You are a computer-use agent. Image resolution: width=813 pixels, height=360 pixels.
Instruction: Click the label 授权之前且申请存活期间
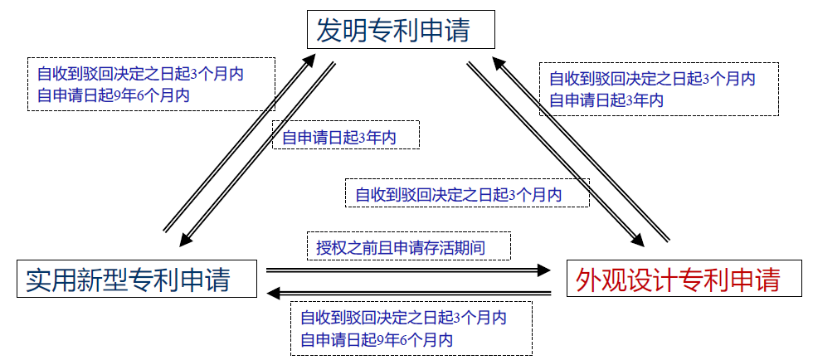(x=408, y=246)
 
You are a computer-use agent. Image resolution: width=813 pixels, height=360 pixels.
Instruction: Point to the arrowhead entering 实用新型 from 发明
(x=187, y=238)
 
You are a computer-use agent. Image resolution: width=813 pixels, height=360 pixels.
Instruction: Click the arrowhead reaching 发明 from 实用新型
(x=309, y=60)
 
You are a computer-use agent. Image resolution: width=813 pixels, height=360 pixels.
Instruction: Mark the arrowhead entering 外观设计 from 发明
(x=637, y=239)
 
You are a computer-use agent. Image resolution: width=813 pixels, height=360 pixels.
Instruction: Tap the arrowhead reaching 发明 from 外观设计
(x=499, y=62)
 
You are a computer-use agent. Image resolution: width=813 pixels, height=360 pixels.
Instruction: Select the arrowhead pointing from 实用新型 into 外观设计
(x=543, y=270)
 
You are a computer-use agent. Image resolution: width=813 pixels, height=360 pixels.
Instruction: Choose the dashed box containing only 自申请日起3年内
(x=347, y=136)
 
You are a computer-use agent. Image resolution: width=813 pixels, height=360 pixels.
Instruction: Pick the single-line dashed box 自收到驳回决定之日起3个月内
(x=466, y=194)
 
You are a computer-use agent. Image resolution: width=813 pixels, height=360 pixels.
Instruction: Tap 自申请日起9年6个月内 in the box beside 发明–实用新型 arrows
(x=113, y=96)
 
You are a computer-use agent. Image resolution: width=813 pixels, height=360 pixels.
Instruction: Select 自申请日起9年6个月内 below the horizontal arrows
(x=377, y=339)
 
